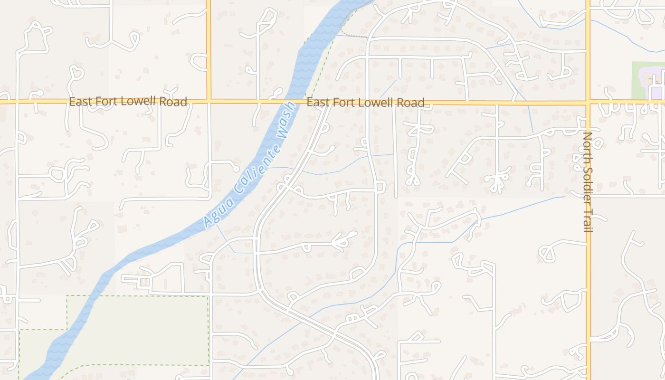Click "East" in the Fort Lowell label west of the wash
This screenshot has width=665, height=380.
[x=80, y=102]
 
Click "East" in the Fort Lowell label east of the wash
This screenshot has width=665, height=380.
[x=317, y=102]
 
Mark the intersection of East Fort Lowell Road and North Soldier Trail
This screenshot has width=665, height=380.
[x=588, y=102]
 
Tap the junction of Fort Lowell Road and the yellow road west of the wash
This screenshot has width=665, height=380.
[x=208, y=101]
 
